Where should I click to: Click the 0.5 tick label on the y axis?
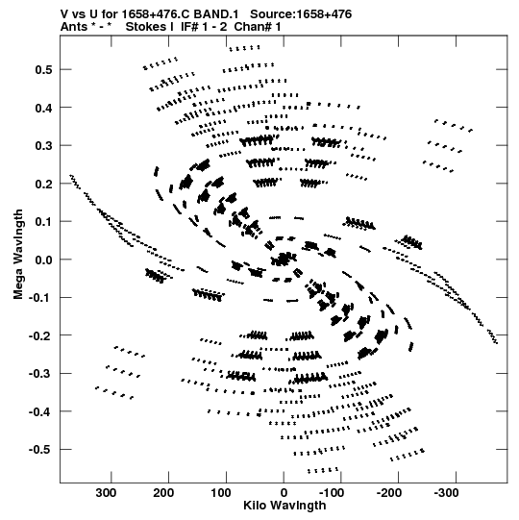(43, 69)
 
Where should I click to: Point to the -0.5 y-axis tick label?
(40, 450)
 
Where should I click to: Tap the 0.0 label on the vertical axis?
(43, 260)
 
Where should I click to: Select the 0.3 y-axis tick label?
(43, 145)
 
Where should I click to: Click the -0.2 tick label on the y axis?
(40, 335)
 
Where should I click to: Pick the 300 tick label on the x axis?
(106, 493)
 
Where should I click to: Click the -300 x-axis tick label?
(446, 493)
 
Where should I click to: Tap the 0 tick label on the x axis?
(284, 493)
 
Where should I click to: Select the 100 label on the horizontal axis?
(221, 493)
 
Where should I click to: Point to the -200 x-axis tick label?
(389, 493)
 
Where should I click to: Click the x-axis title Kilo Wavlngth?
(284, 506)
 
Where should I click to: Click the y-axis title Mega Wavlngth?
(18, 255)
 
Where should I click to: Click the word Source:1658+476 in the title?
(301, 14)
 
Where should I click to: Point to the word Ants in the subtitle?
(72, 27)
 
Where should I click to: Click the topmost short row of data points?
(244, 48)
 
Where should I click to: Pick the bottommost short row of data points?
(323, 470)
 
